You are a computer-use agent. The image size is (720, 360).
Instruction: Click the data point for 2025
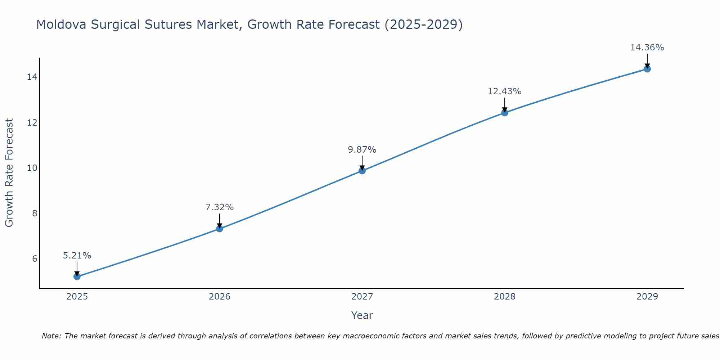77,276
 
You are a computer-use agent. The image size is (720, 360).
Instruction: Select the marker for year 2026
220,229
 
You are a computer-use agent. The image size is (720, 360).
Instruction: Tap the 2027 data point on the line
362,171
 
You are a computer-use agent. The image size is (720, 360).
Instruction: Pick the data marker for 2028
505,113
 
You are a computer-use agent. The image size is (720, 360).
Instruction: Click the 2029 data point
647,69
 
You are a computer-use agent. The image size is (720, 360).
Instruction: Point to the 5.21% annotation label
77,256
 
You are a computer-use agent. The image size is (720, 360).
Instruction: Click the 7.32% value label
220,207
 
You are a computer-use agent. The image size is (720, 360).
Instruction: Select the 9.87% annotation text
362,149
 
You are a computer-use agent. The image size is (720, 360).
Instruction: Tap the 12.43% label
505,91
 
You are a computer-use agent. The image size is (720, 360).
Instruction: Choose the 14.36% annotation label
647,48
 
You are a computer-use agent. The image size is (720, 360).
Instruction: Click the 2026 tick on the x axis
220,297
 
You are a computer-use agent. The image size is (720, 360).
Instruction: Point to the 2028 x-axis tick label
505,297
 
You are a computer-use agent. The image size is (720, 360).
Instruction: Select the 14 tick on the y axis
32,77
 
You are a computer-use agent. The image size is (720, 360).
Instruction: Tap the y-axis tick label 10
32,168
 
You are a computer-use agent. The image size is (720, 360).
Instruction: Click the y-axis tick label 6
35,258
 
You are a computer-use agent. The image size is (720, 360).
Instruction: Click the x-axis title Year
362,315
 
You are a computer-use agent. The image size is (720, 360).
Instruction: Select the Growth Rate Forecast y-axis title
9,173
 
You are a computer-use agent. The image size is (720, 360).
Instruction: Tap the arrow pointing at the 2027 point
362,163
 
